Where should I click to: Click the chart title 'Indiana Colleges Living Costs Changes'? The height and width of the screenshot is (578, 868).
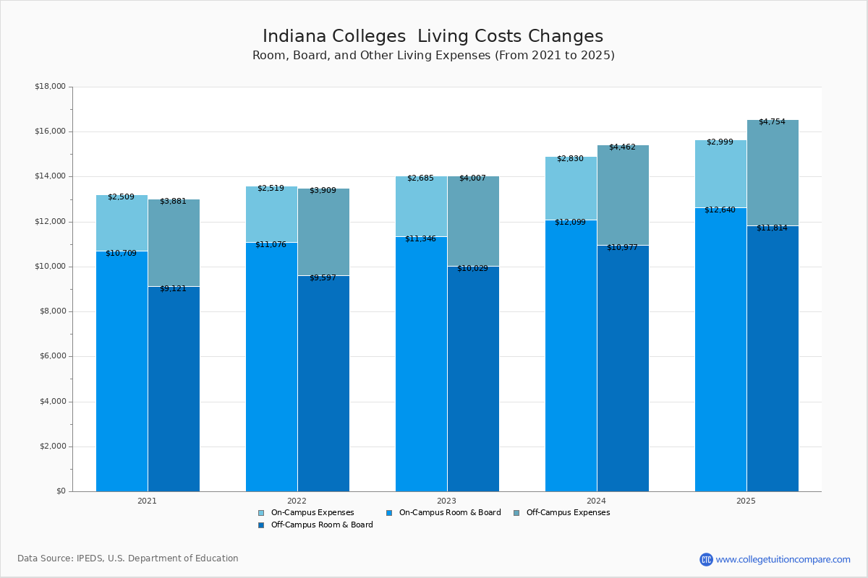[x=433, y=36]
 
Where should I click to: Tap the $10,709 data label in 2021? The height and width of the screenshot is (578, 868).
[x=121, y=253]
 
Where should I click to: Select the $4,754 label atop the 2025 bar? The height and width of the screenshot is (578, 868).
[x=772, y=121]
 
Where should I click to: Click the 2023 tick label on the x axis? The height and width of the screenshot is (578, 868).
[x=446, y=500]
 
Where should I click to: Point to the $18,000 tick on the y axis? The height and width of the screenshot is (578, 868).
[x=50, y=87]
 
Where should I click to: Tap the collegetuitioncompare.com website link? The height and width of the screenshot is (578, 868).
[x=783, y=559]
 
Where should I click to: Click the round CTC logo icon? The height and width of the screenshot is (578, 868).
[x=706, y=559]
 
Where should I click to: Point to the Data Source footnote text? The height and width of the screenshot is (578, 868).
[x=128, y=558]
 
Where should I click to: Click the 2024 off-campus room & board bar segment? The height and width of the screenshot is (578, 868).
[x=623, y=368]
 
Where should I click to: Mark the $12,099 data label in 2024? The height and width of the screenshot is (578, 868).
[x=570, y=222]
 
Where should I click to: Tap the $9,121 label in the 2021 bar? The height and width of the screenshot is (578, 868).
[x=173, y=288]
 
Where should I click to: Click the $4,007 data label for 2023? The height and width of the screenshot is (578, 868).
[x=472, y=178]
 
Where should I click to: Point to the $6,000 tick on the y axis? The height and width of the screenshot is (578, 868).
[x=52, y=356]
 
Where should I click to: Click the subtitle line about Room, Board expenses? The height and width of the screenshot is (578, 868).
[x=433, y=56]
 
